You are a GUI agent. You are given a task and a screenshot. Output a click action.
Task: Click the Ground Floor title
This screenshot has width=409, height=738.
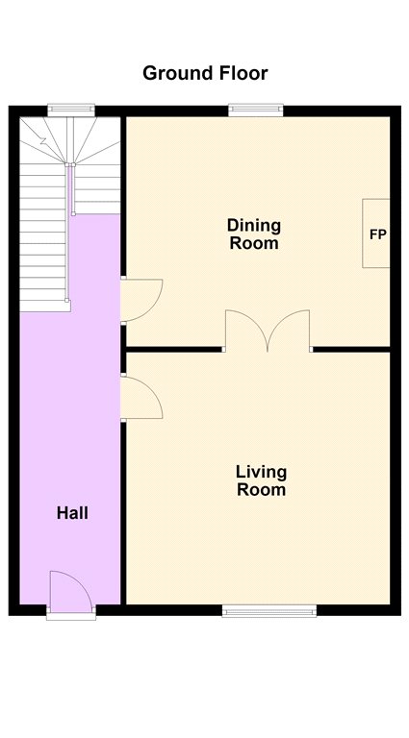tap(205, 73)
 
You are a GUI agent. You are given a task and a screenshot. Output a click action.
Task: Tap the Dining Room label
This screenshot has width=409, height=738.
tap(254, 234)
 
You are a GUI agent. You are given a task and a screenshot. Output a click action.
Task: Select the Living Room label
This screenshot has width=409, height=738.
tap(261, 480)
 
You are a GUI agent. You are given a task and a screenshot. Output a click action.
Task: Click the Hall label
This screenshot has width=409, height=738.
tap(72, 513)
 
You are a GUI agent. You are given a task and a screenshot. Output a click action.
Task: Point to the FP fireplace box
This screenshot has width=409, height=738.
tap(376, 234)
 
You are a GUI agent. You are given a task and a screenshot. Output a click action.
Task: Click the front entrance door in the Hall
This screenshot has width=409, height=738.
tap(71, 591)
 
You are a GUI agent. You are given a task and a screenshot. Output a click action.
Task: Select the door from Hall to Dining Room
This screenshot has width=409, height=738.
tap(141, 300)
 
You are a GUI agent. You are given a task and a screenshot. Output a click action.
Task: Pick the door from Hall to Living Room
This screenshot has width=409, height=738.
tap(141, 398)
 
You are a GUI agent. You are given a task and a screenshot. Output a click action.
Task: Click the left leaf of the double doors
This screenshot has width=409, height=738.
tap(246, 331)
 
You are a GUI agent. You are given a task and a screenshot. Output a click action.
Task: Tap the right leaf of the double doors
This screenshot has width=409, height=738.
tap(289, 331)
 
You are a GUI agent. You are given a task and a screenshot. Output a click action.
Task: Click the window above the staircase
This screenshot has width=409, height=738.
tap(71, 111)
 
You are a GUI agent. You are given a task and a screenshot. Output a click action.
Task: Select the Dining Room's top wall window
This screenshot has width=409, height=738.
tap(256, 111)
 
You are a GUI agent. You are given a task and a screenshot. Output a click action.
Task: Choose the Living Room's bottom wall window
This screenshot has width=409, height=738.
tap(269, 611)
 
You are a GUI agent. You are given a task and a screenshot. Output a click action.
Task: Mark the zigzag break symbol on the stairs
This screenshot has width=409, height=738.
tap(43, 140)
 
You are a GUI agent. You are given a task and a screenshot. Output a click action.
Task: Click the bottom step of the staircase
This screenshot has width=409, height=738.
tap(45, 306)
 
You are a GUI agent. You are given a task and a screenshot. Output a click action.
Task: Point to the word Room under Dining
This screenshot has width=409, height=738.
tap(254, 244)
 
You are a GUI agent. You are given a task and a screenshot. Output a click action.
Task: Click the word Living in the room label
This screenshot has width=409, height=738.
tap(261, 472)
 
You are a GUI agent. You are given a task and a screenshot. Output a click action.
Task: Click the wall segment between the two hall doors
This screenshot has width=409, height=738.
tap(123, 349)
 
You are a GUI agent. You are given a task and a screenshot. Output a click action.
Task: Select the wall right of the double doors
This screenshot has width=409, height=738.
tap(351, 349)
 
